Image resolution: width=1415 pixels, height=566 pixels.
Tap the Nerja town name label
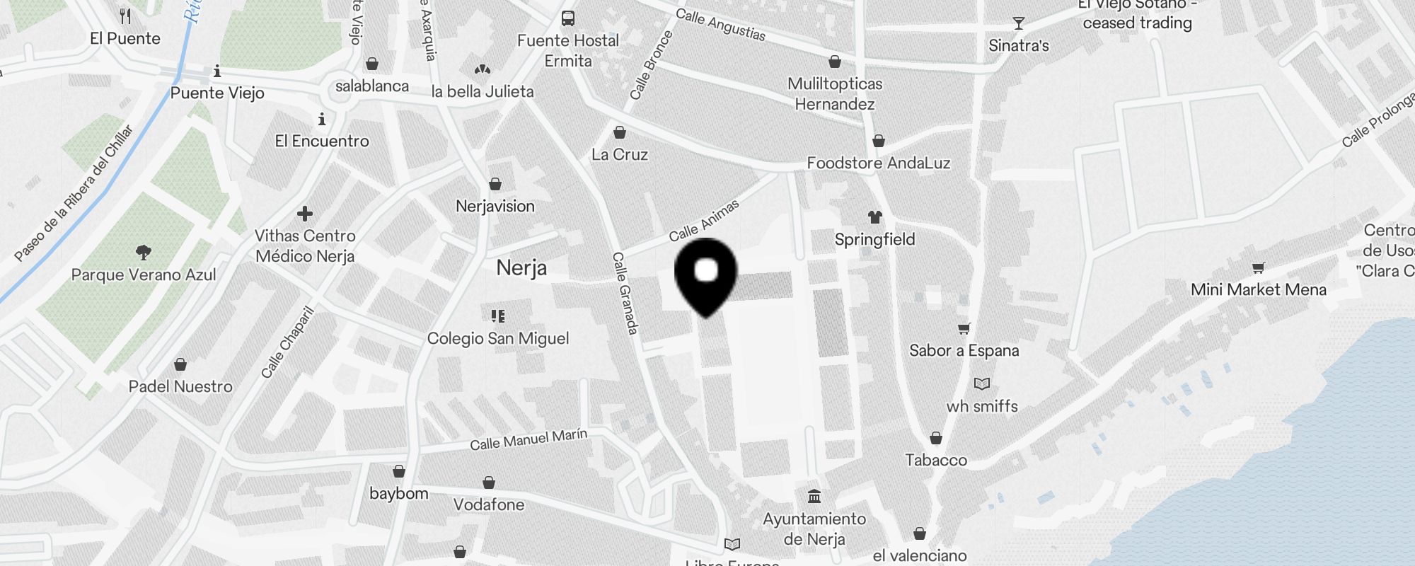pos(521,268)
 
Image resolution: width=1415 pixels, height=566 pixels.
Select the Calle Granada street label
pos(625,293)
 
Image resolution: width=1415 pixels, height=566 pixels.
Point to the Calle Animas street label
pos(704,220)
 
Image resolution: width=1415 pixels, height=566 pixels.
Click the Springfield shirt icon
pos(875,217)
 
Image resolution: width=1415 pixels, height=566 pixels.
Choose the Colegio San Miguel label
pos(498,338)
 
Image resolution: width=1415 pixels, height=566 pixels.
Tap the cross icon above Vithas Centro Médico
pos(305,214)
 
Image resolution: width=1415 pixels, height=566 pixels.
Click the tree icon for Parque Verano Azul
pos(144,253)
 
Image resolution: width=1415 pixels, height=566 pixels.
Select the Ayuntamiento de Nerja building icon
pos(814,496)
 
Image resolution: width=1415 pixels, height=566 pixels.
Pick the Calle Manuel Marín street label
pos(529,439)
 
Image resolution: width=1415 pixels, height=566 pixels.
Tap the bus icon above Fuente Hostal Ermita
pos(567,18)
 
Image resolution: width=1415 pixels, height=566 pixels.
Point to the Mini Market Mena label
pos(1258,289)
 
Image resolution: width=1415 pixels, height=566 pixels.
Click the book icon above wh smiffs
pos(982,384)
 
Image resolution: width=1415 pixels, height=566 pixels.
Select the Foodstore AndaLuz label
pos(878,163)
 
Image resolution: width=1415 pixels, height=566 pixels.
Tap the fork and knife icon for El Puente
pos(125,16)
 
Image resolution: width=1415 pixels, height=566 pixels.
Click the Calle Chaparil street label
pos(287,342)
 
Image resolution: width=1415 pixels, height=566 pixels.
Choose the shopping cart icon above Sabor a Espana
pos(964,328)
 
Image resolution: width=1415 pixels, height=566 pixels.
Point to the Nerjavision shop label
pos(495,207)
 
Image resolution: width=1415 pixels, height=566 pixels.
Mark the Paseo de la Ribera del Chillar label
pos(74,192)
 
